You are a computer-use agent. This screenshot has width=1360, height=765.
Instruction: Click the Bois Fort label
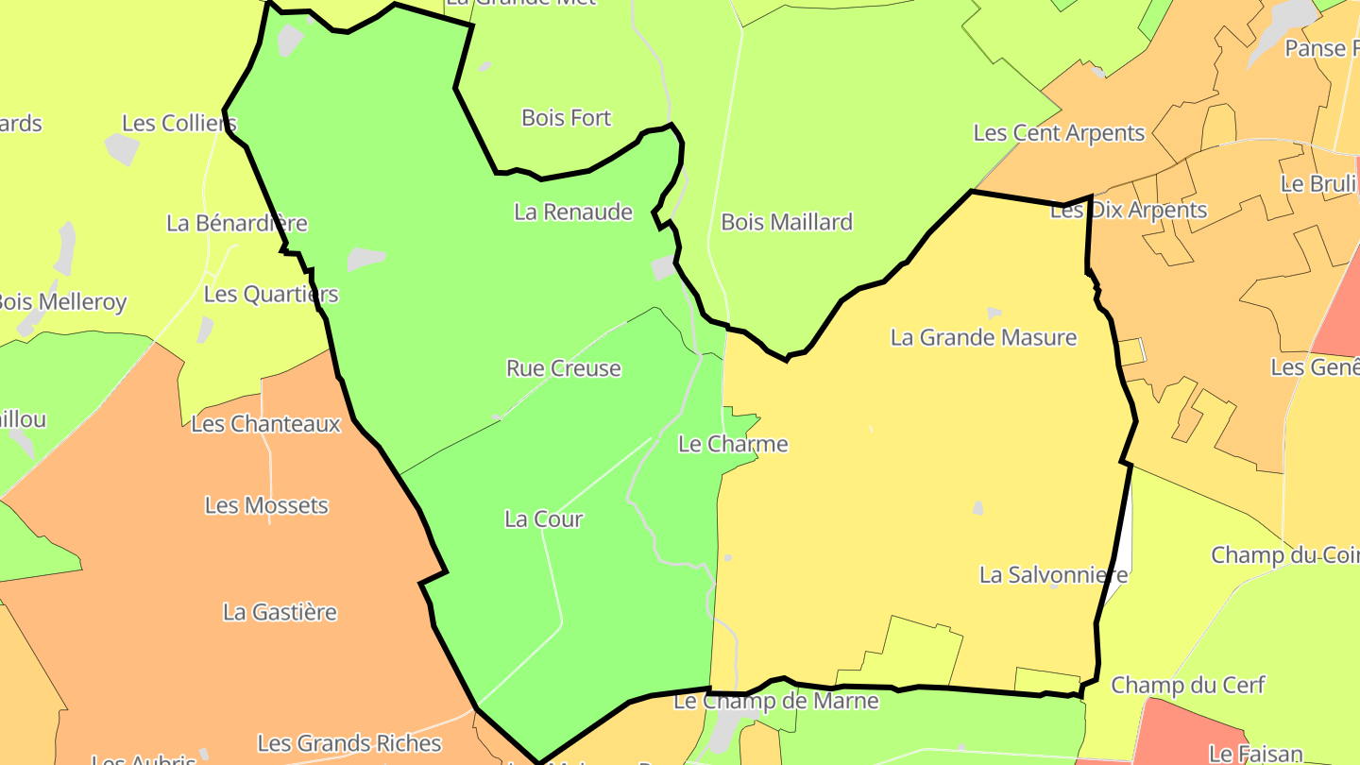pyautogui.click(x=567, y=118)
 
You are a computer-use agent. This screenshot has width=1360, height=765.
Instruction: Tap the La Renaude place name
pyautogui.click(x=573, y=212)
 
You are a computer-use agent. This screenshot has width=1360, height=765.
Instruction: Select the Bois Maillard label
pyautogui.click(x=787, y=222)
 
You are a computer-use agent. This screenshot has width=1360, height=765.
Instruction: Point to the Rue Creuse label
pyautogui.click(x=564, y=368)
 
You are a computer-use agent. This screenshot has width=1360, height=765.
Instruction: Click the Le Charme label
pyautogui.click(x=733, y=444)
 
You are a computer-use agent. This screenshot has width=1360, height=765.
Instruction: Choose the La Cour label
pyautogui.click(x=544, y=518)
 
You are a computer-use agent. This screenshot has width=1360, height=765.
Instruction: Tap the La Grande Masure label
pyautogui.click(x=983, y=337)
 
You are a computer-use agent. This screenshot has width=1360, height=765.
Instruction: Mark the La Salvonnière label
pyautogui.click(x=1053, y=574)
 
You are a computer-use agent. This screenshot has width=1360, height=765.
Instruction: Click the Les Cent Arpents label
pyautogui.click(x=1059, y=133)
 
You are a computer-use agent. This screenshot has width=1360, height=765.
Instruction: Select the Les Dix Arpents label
pyautogui.click(x=1129, y=211)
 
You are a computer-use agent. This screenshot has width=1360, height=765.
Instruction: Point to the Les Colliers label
pyautogui.click(x=179, y=123)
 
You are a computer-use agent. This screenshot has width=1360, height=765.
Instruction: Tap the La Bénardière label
pyautogui.click(x=237, y=223)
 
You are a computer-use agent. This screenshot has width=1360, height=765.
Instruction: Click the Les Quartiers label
pyautogui.click(x=271, y=294)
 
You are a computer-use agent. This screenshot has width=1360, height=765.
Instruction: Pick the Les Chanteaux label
pyautogui.click(x=265, y=424)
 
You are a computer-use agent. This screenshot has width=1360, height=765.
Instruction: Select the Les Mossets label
pyautogui.click(x=266, y=505)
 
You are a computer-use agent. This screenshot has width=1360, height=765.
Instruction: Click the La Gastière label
pyautogui.click(x=280, y=612)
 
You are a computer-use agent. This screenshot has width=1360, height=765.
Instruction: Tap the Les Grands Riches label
pyautogui.click(x=349, y=743)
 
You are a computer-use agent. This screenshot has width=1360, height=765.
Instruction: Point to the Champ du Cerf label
pyautogui.click(x=1186, y=685)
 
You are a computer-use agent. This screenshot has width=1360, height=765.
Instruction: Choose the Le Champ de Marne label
pyautogui.click(x=775, y=701)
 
